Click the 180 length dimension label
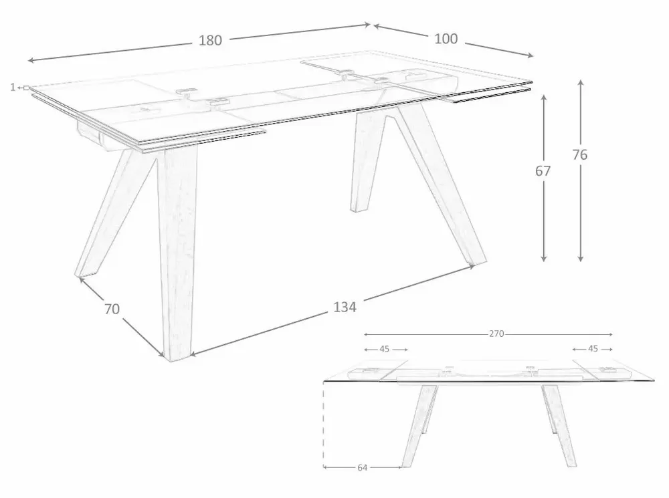tap(210, 40)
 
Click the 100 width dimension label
tap(446, 39)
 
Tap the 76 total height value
tap(580, 155)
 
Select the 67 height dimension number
tap(543, 171)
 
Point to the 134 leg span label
tap(345, 307)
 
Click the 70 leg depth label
tap(112, 309)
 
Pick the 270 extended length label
tap(496, 334)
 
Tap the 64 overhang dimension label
tap(362, 468)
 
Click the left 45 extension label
tap(385, 349)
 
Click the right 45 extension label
tap(593, 349)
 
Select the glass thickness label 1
tap(13, 88)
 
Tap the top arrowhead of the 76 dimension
tap(580, 82)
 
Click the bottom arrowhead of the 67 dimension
tap(543, 259)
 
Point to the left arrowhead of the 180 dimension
tap(30, 61)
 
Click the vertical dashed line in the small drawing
tap(323, 423)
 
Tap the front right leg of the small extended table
tap(559, 426)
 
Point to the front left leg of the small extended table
tap(419, 426)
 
